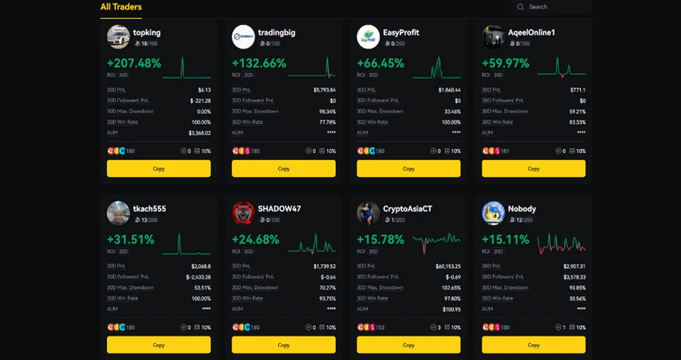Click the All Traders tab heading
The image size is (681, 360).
pyautogui.click(x=121, y=7)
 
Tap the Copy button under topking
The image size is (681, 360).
pyautogui.click(x=159, y=169)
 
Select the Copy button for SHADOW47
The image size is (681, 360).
pyautogui.click(x=284, y=345)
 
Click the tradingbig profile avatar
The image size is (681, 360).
pyautogui.click(x=243, y=37)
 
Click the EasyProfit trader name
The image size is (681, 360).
pyautogui.click(x=401, y=33)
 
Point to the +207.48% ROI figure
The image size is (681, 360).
pyautogui.click(x=134, y=63)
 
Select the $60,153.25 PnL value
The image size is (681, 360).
pyautogui.click(x=448, y=267)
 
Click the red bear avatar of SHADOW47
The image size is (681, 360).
pyautogui.click(x=243, y=213)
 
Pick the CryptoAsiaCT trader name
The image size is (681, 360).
pyautogui.click(x=407, y=209)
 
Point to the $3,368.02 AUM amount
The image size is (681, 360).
pyautogui.click(x=199, y=133)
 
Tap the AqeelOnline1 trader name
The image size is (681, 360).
pyautogui.click(x=531, y=33)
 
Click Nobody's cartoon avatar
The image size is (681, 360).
pyautogui.click(x=493, y=213)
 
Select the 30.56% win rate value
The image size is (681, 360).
pyautogui.click(x=576, y=299)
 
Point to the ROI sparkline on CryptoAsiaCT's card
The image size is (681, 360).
pyautogui.click(x=436, y=240)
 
